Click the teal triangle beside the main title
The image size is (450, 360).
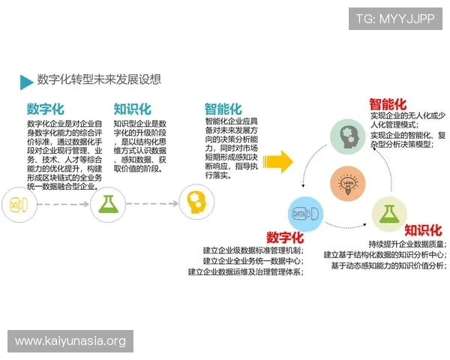click(x=25, y=82)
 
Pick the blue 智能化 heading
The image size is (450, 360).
click(x=223, y=109)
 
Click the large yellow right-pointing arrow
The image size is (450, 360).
click(x=277, y=160)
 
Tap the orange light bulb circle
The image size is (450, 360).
click(x=347, y=183)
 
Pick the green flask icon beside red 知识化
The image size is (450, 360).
click(x=388, y=214)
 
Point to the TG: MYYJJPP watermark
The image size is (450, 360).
click(x=395, y=18)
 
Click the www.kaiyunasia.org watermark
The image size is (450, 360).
click(x=70, y=341)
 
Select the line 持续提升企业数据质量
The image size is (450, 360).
click(x=408, y=244)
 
